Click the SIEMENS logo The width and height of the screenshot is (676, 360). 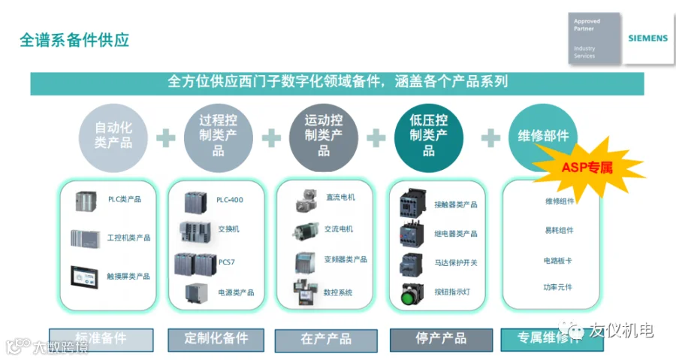[x=647, y=38]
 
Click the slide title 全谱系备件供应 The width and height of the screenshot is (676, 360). [x=74, y=40]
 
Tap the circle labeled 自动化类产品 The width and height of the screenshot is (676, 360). [x=113, y=135]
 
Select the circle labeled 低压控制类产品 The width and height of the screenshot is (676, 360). [x=428, y=135]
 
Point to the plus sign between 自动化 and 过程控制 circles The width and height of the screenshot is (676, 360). [x=165, y=138]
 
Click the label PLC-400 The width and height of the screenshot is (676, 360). [x=229, y=200]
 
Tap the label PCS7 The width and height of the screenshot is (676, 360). [x=227, y=262]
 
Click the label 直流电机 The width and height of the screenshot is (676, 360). [x=340, y=197]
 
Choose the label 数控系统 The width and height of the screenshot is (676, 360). [x=338, y=292]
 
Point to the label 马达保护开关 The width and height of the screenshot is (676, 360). [x=455, y=263]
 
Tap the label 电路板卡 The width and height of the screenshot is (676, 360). [x=558, y=261]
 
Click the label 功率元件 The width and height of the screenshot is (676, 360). [x=558, y=287]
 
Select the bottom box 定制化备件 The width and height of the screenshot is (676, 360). [x=216, y=339]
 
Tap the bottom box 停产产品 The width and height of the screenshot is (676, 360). [x=441, y=339]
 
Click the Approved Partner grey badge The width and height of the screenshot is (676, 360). [x=594, y=38]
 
